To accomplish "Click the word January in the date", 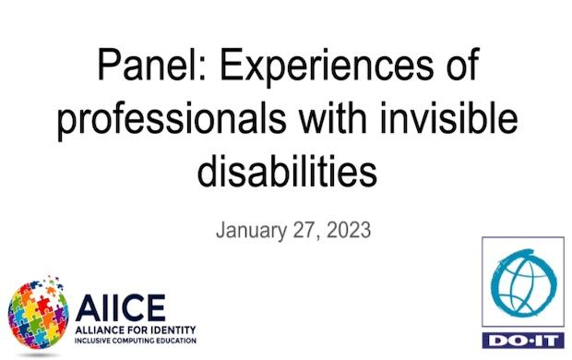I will coord(252,229).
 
